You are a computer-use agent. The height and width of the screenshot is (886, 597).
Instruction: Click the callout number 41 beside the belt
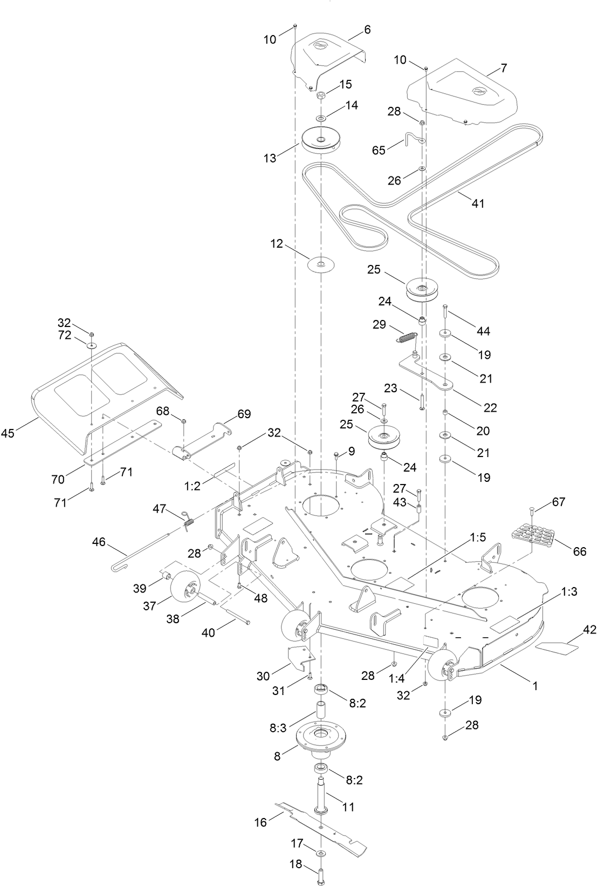478,203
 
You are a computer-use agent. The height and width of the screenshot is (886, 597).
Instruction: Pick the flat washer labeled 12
321,264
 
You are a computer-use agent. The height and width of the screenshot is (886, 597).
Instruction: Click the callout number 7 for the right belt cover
504,68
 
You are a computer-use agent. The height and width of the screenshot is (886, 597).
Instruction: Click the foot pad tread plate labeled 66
533,537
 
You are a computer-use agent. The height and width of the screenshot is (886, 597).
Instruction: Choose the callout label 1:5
478,537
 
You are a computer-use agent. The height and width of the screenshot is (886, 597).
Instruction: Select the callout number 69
244,414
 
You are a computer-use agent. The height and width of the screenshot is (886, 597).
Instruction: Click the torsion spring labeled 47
187,520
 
